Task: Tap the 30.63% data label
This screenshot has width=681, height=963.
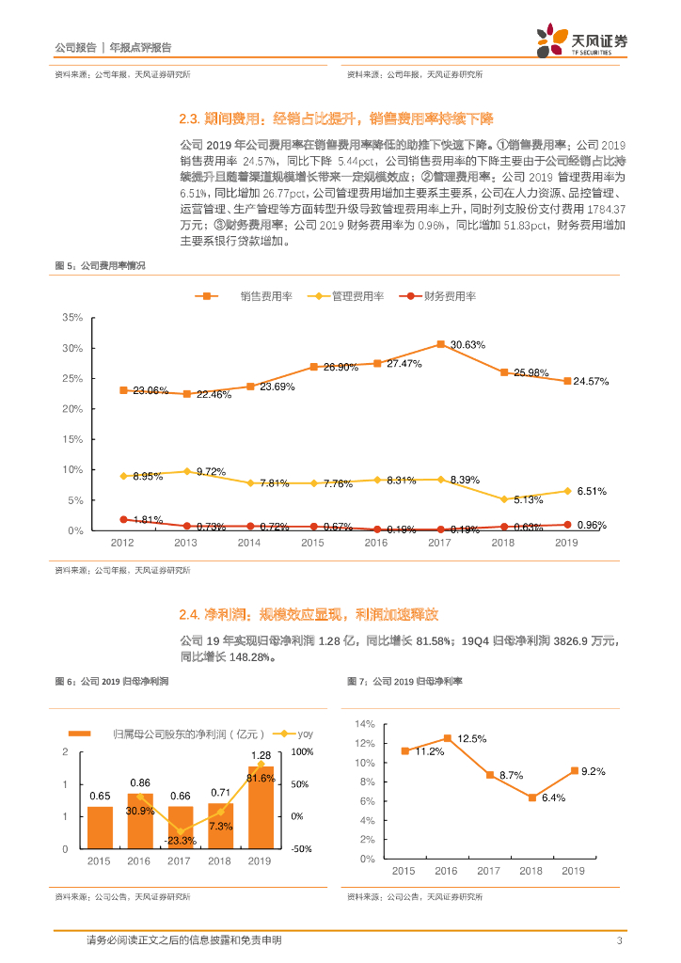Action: click(467, 345)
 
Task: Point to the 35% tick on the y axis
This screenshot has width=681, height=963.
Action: click(72, 318)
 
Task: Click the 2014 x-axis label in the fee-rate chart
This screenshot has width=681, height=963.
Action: click(249, 544)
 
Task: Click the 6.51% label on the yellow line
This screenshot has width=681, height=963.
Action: click(592, 491)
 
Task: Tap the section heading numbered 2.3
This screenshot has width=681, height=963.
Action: click(336, 119)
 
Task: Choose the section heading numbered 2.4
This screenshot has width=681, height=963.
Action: click(308, 615)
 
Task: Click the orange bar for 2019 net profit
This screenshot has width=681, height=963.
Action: click(261, 807)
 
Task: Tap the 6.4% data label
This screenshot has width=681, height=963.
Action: click(552, 798)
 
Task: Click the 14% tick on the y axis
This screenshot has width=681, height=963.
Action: click(364, 724)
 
